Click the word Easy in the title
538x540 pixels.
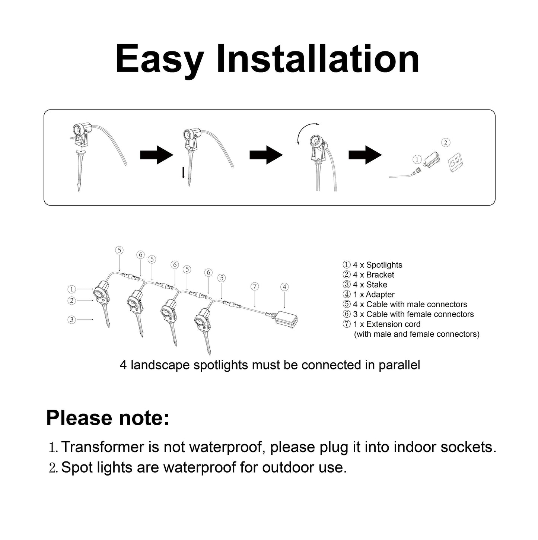[x=159, y=60]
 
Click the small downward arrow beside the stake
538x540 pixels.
[x=183, y=172]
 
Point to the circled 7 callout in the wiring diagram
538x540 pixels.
[x=255, y=286]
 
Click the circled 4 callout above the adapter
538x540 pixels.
[x=284, y=287]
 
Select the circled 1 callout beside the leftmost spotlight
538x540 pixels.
[x=72, y=289]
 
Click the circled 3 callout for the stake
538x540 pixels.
[x=72, y=320]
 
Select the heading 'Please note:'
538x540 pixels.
[x=108, y=418]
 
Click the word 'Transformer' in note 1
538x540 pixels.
[x=102, y=447]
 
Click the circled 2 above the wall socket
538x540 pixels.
[x=446, y=143]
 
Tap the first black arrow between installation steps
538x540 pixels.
[x=157, y=155]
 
